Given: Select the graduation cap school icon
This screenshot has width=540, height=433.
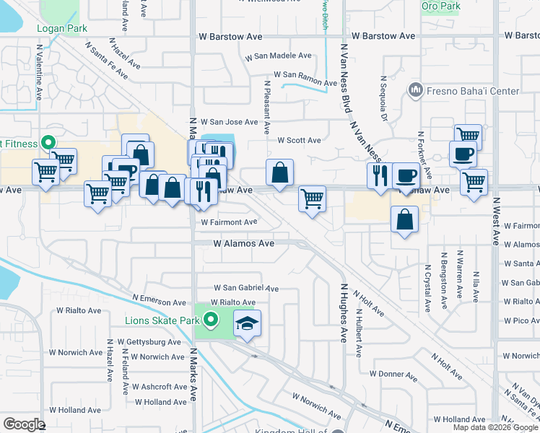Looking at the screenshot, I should click(248, 323).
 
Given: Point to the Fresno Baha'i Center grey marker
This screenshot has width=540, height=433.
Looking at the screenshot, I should click(415, 90).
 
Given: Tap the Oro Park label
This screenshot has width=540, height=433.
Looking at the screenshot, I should click(440, 6).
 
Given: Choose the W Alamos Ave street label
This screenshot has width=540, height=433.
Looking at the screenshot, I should click(243, 244).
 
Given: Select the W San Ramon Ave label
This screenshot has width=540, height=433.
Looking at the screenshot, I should click(305, 74).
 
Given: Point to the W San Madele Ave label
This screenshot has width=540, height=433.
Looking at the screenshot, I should click(278, 56).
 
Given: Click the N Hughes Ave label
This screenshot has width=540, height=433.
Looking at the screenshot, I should click(344, 312).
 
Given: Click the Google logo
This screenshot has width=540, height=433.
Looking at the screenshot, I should click(25, 424).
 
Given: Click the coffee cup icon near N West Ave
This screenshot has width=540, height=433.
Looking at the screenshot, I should click(463, 154).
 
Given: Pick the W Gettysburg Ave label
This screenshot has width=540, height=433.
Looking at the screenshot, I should click(148, 341).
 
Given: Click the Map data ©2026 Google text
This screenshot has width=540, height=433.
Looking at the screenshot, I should click(495, 427).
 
